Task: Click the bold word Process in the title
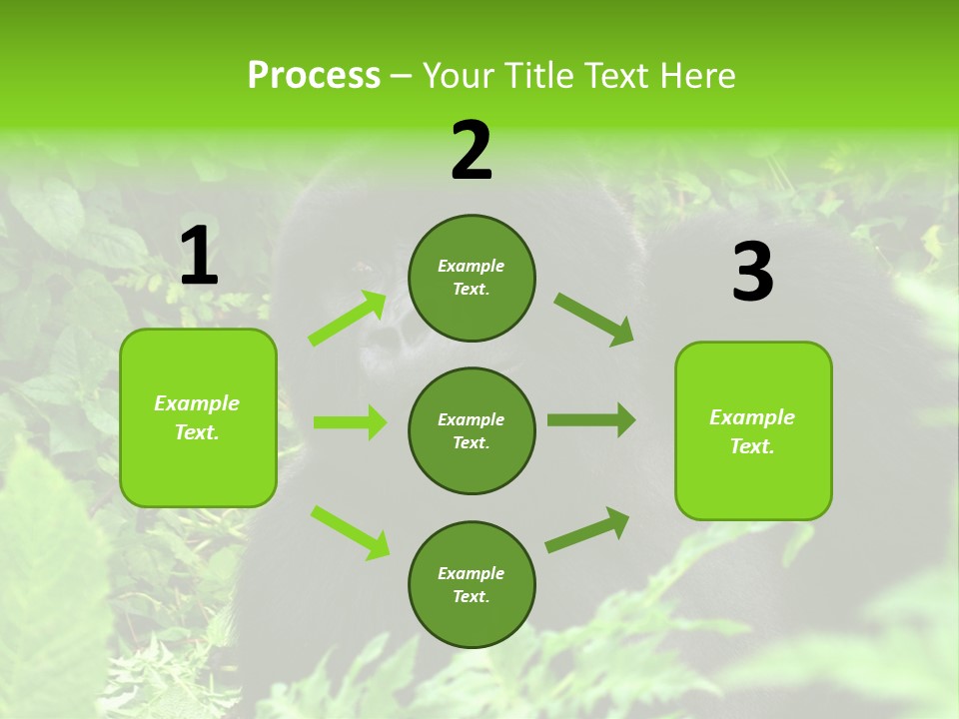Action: pos(314,76)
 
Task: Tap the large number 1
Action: pos(199,257)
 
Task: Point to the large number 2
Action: pos(472,151)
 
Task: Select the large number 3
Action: pos(752,273)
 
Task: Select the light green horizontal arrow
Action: pos(350,422)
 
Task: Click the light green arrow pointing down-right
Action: pos(350,531)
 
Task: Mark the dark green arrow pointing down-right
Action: pos(594,320)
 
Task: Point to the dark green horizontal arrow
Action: pos(591,420)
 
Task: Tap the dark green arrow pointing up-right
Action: pos(587,529)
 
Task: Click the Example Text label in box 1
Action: pos(197,417)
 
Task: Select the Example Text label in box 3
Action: pos(752,431)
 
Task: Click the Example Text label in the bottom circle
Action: pos(471,585)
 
